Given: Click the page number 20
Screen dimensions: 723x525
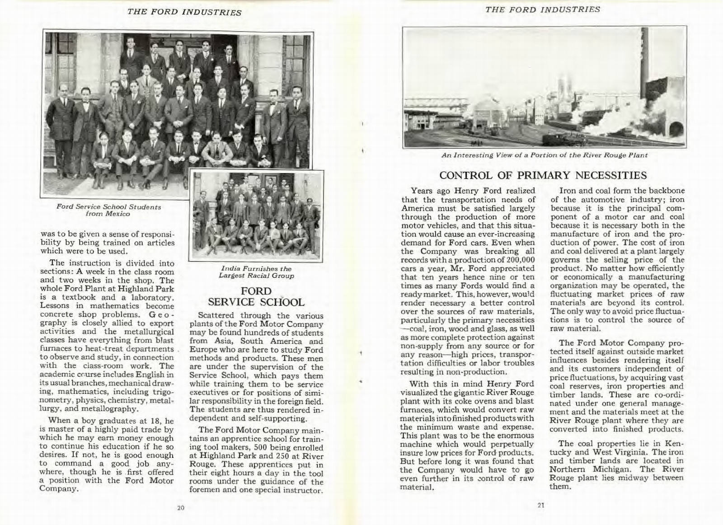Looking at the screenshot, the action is [x=181, y=507].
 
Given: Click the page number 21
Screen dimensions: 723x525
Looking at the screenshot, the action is [x=541, y=505].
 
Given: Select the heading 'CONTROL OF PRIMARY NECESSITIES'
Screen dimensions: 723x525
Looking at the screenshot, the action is [x=543, y=175].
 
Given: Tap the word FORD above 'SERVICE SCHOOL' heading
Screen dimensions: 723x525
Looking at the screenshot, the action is [x=256, y=291].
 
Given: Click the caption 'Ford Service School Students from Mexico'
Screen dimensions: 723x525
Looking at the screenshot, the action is [x=108, y=210].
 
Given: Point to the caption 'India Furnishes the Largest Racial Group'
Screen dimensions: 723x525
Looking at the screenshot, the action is [x=256, y=272].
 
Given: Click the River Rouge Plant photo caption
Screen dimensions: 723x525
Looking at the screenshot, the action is [x=544, y=155].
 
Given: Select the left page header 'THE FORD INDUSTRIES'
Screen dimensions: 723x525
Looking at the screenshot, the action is [x=184, y=12].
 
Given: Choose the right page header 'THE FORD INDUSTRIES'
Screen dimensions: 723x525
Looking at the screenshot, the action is [x=542, y=9].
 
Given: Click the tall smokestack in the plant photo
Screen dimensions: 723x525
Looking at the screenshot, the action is [x=645, y=59].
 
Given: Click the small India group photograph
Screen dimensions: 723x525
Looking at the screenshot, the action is [x=256, y=216].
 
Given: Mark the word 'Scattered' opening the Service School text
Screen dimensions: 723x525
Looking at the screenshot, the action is [x=215, y=315].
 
